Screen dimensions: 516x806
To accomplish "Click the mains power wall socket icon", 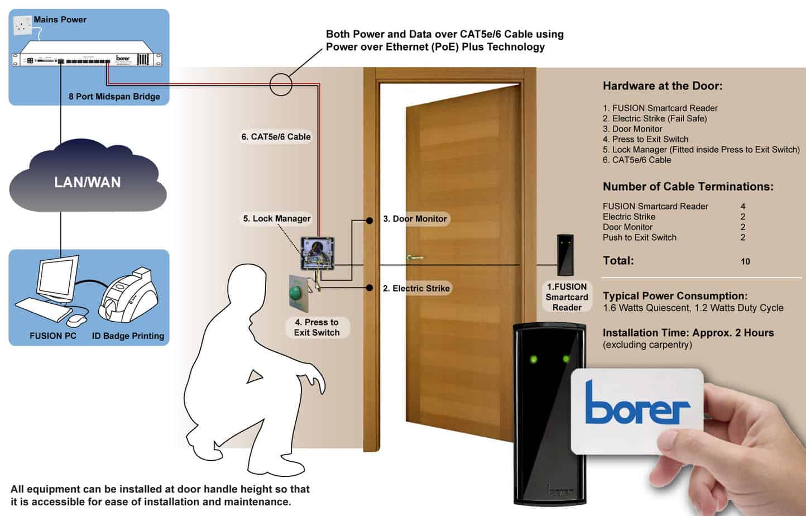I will click(22, 25).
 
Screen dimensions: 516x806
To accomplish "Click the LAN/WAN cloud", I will click(88, 181).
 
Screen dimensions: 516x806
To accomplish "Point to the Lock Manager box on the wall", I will click(317, 254).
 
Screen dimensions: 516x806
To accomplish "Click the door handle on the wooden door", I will click(415, 257).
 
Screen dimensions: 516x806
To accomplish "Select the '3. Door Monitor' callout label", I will click(415, 219).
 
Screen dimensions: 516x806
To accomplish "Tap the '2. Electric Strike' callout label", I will click(416, 288).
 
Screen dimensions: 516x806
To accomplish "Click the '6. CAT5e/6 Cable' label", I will click(276, 137).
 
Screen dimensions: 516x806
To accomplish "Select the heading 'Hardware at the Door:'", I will click(662, 86).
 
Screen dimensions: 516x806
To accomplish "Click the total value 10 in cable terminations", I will click(745, 261).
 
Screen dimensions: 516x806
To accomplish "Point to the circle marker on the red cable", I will click(281, 85).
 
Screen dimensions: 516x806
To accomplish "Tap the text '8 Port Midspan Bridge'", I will click(114, 97).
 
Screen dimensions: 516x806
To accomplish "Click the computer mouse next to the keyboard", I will click(76, 320).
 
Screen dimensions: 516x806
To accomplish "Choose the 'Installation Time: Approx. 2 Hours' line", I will click(688, 333).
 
